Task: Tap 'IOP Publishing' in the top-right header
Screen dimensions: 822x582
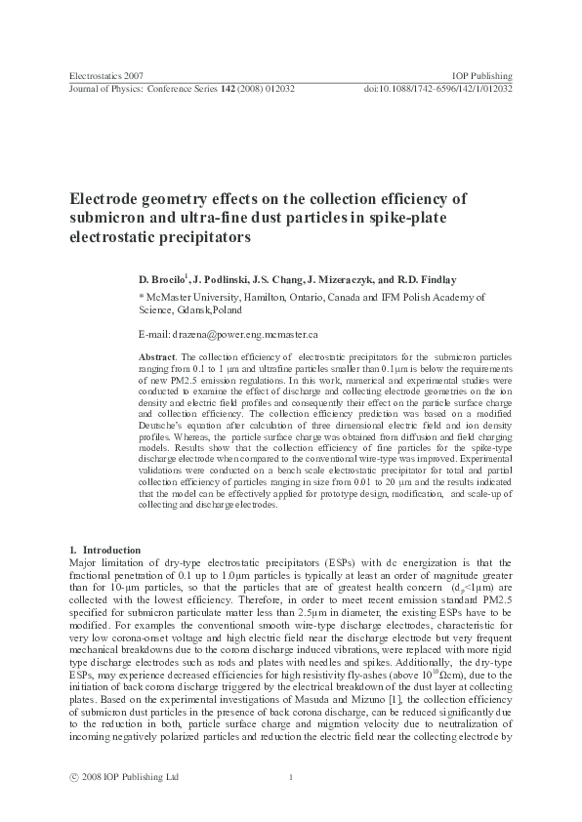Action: (483, 75)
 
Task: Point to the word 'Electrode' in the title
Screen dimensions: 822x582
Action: (103, 198)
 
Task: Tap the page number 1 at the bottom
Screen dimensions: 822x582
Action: (291, 776)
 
